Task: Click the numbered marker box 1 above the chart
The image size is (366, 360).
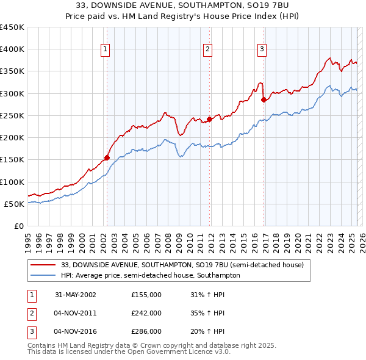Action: (x=106, y=49)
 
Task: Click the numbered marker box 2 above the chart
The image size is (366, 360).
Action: (x=208, y=49)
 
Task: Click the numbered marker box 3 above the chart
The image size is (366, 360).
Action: (x=262, y=49)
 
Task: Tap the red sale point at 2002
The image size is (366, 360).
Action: (x=107, y=157)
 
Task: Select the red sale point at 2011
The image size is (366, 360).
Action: (x=209, y=119)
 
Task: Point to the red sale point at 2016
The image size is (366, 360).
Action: (x=264, y=99)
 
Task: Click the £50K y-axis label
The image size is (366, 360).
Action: (x=14, y=204)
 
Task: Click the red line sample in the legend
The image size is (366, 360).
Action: (x=43, y=265)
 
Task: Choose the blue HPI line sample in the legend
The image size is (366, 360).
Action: (x=43, y=275)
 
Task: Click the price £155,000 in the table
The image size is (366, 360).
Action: (x=146, y=295)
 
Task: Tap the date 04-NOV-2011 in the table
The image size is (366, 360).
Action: (x=76, y=313)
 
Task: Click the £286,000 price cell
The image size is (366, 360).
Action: (x=146, y=331)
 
